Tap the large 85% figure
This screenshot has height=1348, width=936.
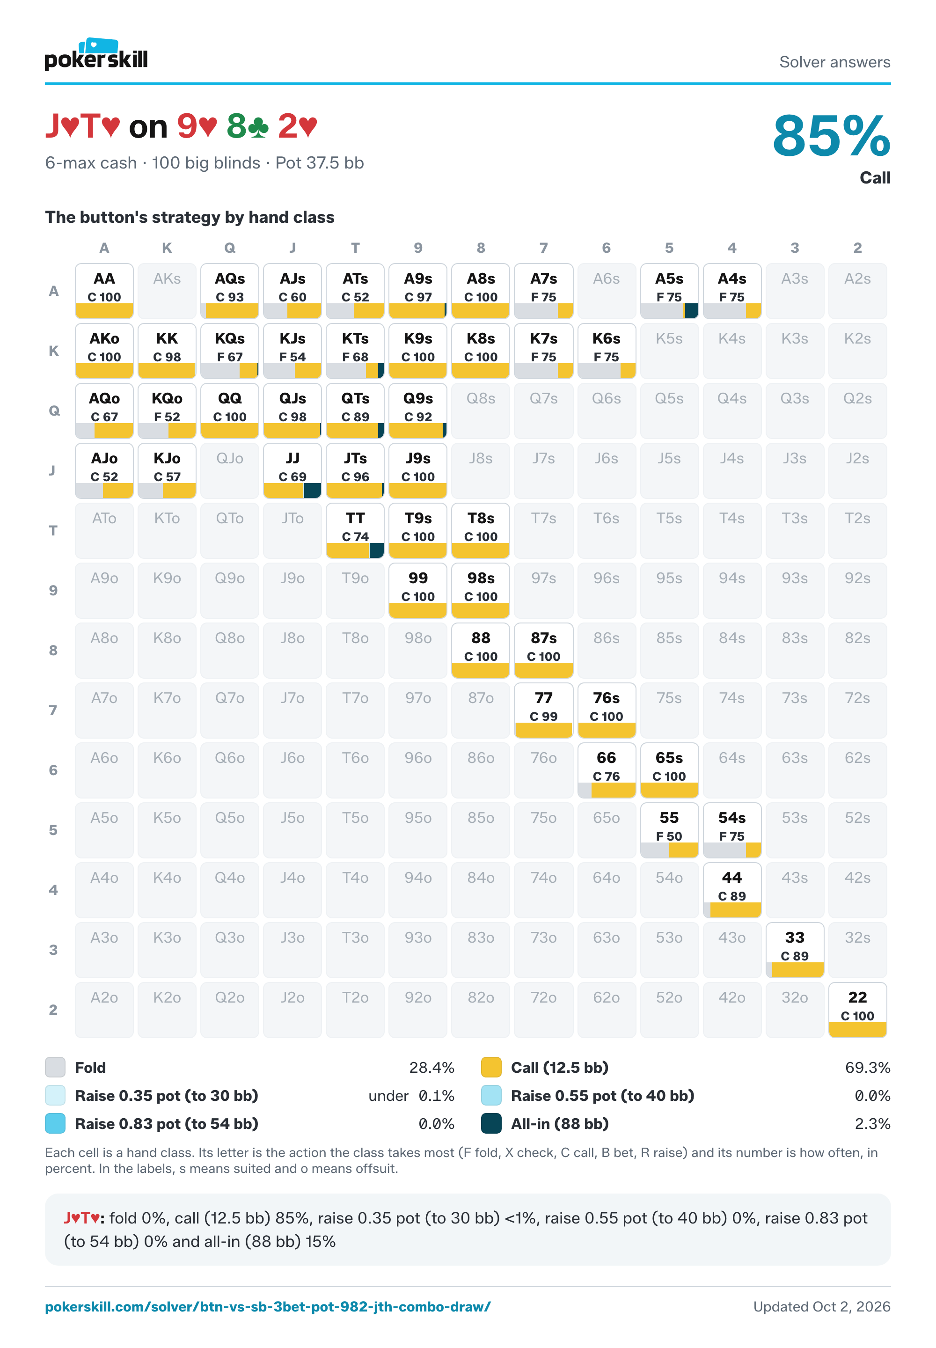(x=831, y=136)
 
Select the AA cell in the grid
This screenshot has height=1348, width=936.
(x=104, y=291)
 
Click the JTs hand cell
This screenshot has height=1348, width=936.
(x=355, y=470)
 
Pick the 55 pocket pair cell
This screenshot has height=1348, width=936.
(x=669, y=830)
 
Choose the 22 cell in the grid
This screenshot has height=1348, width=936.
(x=857, y=1010)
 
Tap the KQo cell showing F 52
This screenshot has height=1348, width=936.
(x=167, y=410)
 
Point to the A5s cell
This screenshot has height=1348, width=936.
(x=669, y=291)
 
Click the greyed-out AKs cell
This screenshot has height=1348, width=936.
(x=167, y=291)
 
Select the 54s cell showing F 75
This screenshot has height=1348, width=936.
(x=732, y=830)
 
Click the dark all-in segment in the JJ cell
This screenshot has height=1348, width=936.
(x=313, y=491)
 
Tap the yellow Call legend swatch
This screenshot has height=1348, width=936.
(x=491, y=1067)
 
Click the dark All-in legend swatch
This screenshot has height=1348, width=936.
(x=491, y=1123)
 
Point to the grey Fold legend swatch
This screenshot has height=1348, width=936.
(x=55, y=1067)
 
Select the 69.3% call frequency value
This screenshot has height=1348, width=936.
(x=867, y=1068)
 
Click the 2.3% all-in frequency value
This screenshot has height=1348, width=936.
(x=873, y=1124)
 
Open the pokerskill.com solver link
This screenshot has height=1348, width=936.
(x=268, y=1307)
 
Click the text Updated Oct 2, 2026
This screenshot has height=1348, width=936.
(x=822, y=1307)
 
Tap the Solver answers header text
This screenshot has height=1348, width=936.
(x=834, y=62)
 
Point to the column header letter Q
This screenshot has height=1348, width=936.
(x=230, y=248)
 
